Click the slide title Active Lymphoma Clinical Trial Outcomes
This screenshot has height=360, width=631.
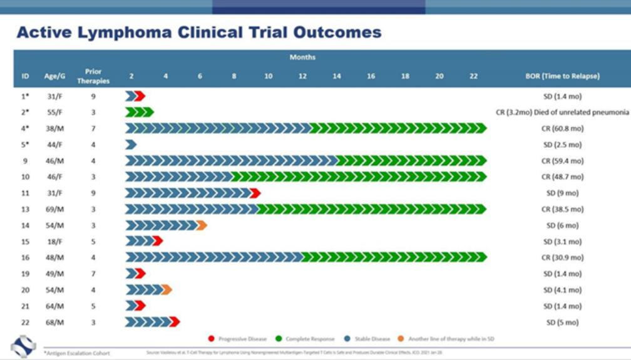(199, 33)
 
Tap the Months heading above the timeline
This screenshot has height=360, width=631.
(302, 58)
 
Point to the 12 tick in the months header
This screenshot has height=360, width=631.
(302, 76)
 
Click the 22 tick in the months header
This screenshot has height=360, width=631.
(473, 76)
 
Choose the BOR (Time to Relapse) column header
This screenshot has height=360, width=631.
(562, 76)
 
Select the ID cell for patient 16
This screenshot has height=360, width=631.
(26, 257)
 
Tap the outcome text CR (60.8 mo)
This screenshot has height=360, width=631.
(562, 128)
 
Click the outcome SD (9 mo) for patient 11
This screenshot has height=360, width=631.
(562, 193)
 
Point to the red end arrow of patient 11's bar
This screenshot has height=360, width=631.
(255, 193)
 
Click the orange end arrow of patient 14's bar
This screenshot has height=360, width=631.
(202, 225)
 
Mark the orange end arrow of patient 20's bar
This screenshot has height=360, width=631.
(167, 289)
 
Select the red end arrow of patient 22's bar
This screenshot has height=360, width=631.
(175, 322)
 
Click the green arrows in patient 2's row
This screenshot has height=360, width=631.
(139, 112)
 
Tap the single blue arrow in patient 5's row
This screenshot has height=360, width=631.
(131, 145)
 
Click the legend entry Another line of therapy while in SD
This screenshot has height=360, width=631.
(444, 339)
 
